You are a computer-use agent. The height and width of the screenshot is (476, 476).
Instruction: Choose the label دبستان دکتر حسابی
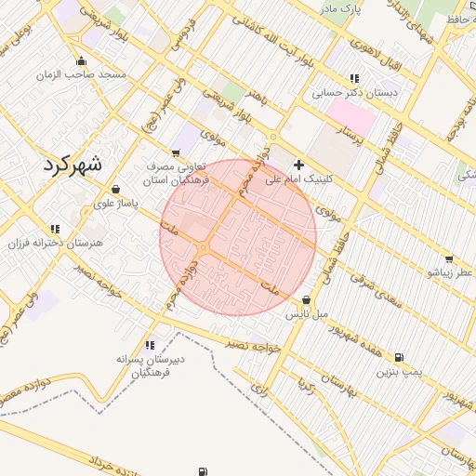click(353, 92)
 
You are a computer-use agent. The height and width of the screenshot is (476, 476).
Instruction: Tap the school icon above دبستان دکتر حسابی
click(353, 78)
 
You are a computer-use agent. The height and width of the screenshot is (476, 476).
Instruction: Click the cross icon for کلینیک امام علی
click(298, 164)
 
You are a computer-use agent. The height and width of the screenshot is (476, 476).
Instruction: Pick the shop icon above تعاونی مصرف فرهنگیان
click(175, 152)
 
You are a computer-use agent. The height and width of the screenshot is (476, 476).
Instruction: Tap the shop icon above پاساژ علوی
click(115, 189)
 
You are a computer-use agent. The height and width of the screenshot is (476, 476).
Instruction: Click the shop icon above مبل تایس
click(307, 299)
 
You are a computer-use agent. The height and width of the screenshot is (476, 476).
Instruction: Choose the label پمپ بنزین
click(399, 371)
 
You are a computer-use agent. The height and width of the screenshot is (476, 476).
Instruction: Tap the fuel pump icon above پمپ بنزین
click(399, 357)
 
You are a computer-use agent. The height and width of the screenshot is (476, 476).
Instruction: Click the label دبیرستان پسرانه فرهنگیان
click(148, 365)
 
